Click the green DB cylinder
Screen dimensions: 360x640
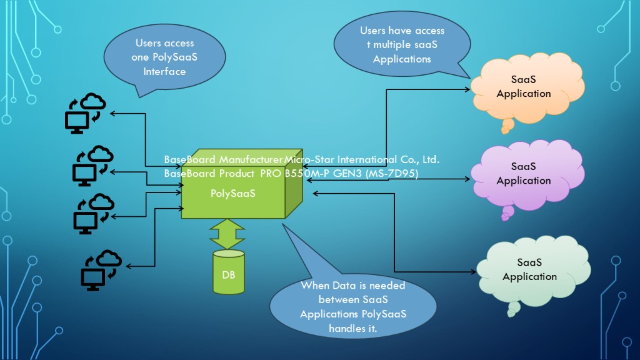(229, 272)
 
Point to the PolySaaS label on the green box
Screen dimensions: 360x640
(232, 193)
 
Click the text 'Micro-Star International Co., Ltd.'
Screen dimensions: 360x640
(362, 159)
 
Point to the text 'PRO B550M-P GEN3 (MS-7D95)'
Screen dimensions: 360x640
(338, 173)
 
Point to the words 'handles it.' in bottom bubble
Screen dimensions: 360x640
(353, 328)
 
